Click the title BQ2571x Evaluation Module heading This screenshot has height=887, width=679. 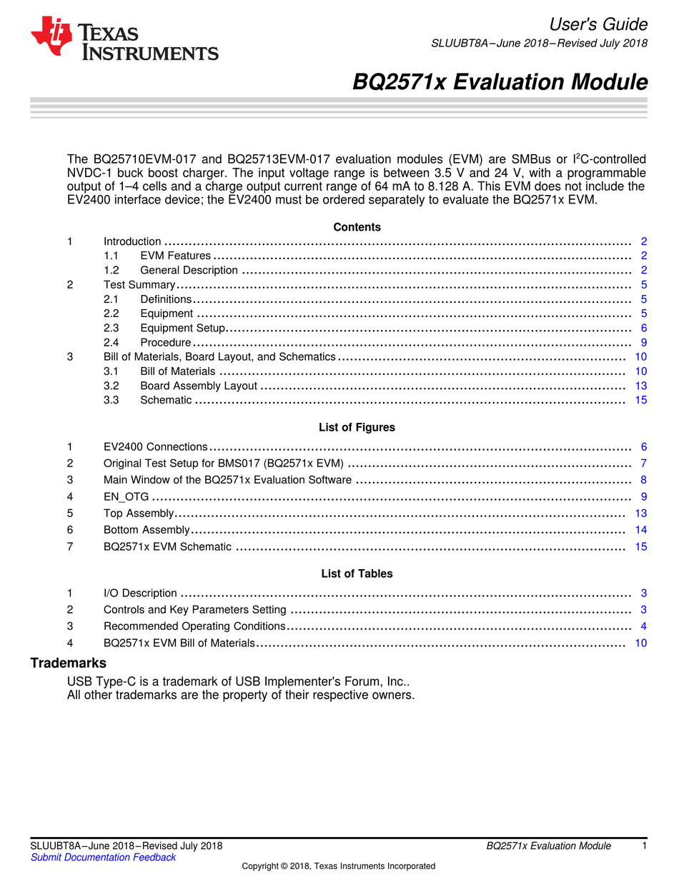(500, 83)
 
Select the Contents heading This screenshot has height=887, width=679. (357, 227)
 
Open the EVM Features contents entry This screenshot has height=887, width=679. (175, 256)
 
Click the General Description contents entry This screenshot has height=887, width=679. (189, 270)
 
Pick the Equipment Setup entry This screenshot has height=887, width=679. (182, 328)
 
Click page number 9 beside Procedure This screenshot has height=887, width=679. (643, 343)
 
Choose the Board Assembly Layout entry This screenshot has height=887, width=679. (198, 386)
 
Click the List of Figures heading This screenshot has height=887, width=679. (357, 428)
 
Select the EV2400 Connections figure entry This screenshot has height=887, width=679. (155, 447)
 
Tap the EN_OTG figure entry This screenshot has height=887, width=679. (126, 496)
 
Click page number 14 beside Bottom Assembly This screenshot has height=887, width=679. (640, 530)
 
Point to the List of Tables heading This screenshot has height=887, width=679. (357, 573)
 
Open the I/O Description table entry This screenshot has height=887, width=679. (140, 593)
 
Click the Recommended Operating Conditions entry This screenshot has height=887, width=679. (194, 626)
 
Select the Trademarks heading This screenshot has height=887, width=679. (68, 663)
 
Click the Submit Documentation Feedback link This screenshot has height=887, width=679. (103, 857)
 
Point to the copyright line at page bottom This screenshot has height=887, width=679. (338, 866)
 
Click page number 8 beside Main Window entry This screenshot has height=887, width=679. (643, 480)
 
